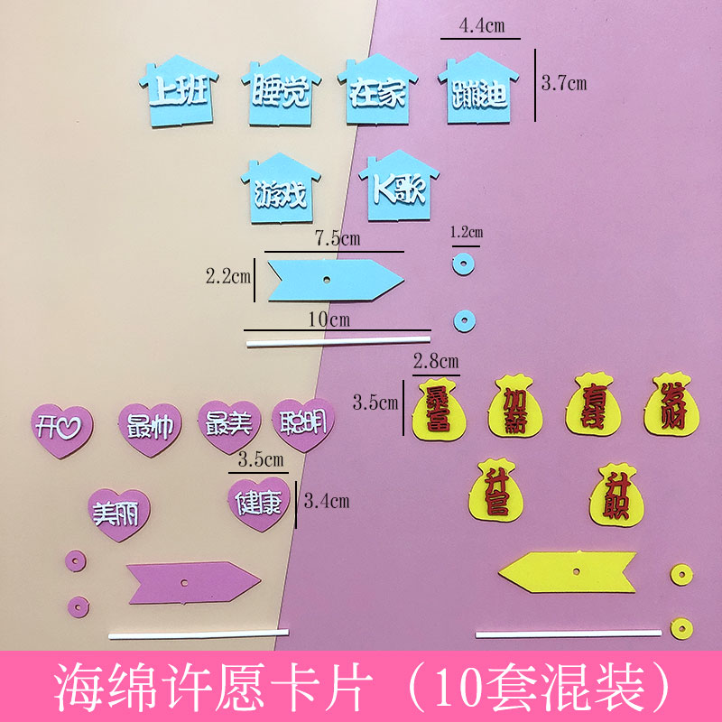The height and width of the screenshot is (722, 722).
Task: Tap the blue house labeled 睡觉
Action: coord(276,92)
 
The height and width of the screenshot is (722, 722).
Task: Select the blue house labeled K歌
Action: coord(397,187)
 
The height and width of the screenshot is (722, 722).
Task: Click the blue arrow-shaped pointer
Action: coord(328,278)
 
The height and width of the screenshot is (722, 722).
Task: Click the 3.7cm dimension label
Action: coord(563,84)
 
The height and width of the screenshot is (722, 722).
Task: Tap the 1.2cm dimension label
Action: coord(467,232)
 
